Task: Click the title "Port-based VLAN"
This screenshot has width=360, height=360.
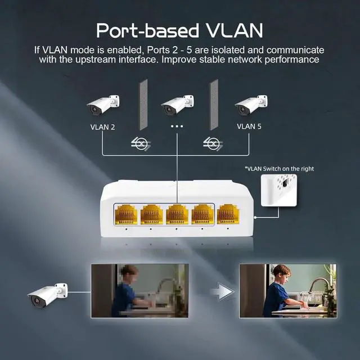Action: [179, 30]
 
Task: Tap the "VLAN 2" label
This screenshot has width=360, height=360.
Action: [102, 127]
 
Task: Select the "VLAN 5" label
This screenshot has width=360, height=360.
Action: [249, 127]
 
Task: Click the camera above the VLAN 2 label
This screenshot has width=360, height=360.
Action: [103, 105]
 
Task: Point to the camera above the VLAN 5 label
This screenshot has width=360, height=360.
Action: [251, 105]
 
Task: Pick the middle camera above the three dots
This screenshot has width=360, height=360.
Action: [178, 105]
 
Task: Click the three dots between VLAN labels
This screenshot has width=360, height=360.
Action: [177, 126]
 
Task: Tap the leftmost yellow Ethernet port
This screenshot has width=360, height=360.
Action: [126, 214]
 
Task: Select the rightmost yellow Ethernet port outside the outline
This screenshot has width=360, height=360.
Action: [228, 214]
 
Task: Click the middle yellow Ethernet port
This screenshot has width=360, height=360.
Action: [177, 214]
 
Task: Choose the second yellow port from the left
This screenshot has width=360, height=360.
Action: [151, 214]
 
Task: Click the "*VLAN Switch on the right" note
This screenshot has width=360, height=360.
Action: [279, 169]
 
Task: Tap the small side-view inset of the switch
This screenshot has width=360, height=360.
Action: [279, 190]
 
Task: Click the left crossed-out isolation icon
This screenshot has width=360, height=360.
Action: [141, 144]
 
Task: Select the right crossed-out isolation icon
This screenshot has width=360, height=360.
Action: [213, 144]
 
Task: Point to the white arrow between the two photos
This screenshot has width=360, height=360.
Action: [222, 291]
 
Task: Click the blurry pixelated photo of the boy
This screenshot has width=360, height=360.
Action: [140, 291]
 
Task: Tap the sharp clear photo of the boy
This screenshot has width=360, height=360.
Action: [288, 291]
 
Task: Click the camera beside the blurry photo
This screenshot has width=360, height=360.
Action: [47, 295]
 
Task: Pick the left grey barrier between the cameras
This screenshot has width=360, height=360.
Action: [143, 105]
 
